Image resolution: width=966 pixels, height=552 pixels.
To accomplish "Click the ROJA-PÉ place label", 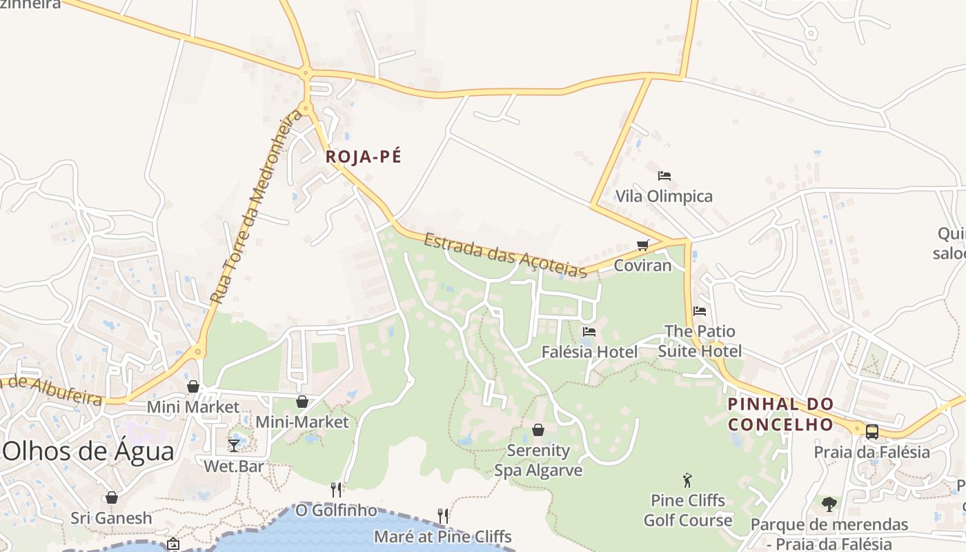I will coord(363,157).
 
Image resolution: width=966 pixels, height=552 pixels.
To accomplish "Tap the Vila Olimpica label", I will coord(664,196).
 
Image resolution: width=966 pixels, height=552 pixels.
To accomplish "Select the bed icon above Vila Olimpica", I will coord(664,176).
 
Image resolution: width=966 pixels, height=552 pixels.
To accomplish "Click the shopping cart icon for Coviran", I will coord(643,245).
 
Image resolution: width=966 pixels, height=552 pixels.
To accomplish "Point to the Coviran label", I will coord(642,265).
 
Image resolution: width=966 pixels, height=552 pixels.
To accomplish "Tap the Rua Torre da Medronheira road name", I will coord(256,206).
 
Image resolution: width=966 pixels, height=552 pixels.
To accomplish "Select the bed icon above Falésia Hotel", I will coord(589,332).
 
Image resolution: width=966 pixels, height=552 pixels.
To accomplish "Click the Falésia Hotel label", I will coord(589,352).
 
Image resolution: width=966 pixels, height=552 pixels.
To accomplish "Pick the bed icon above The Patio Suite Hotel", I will coord(700,311).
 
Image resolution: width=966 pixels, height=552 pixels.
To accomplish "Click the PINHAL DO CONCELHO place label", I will coord(781,413).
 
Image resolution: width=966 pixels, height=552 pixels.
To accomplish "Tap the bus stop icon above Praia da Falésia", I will coord(872,432).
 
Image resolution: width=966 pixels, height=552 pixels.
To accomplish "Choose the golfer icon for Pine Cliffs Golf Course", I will coord(687,480).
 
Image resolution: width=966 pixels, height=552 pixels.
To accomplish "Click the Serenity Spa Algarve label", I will coord(538,460).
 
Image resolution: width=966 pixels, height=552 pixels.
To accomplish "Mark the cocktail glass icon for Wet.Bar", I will coord(234,445).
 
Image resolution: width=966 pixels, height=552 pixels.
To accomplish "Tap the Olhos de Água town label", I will coord(88,451).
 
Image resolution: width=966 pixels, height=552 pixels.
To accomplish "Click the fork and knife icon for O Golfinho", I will coord(336,490).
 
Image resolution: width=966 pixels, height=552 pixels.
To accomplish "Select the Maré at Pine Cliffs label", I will coord(442,536).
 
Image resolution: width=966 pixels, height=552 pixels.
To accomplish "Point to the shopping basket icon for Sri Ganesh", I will coord(111,497).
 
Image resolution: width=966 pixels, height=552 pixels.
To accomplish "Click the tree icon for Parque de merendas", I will coord(829,504).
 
